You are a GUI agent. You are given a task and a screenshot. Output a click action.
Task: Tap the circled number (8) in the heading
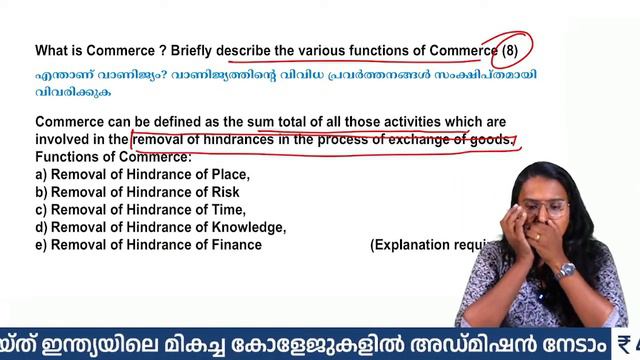point(511,50)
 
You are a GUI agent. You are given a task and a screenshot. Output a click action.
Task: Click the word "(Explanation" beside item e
point(411,244)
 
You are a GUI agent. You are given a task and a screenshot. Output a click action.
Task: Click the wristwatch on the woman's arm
point(565,269)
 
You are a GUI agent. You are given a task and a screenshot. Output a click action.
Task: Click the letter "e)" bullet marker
point(41,244)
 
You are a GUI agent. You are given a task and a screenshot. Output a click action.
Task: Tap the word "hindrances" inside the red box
point(231,140)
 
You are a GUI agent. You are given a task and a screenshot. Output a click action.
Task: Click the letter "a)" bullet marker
point(41,175)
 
